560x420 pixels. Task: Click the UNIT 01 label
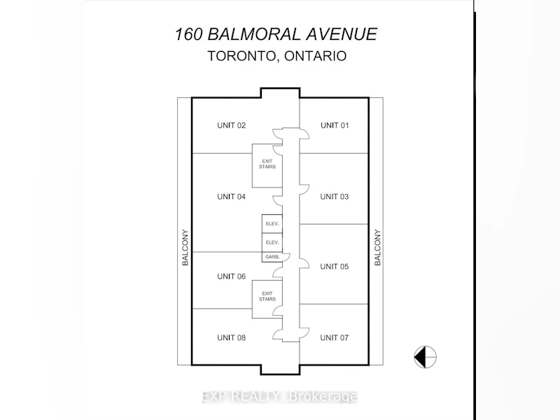[335, 125]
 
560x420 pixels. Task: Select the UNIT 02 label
[232, 125]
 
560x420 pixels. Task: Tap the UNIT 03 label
[335, 197]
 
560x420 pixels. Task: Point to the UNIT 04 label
[232, 197]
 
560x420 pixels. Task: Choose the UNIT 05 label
[335, 267]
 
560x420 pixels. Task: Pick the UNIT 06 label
[232, 276]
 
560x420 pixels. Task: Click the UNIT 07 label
[335, 338]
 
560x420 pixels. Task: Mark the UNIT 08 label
[232, 338]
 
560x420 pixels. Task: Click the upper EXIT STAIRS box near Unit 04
[267, 166]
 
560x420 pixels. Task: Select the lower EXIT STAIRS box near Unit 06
[267, 300]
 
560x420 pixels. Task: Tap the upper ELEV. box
[272, 224]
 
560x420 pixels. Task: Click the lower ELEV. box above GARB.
[272, 242]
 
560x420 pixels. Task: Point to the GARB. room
[272, 257]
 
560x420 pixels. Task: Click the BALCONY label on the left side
[185, 248]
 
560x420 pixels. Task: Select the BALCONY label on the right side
[377, 248]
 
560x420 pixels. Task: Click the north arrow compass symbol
[425, 357]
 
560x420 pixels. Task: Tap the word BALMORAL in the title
[252, 34]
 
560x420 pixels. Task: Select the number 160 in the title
[188, 34]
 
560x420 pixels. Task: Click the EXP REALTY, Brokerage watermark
[279, 396]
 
